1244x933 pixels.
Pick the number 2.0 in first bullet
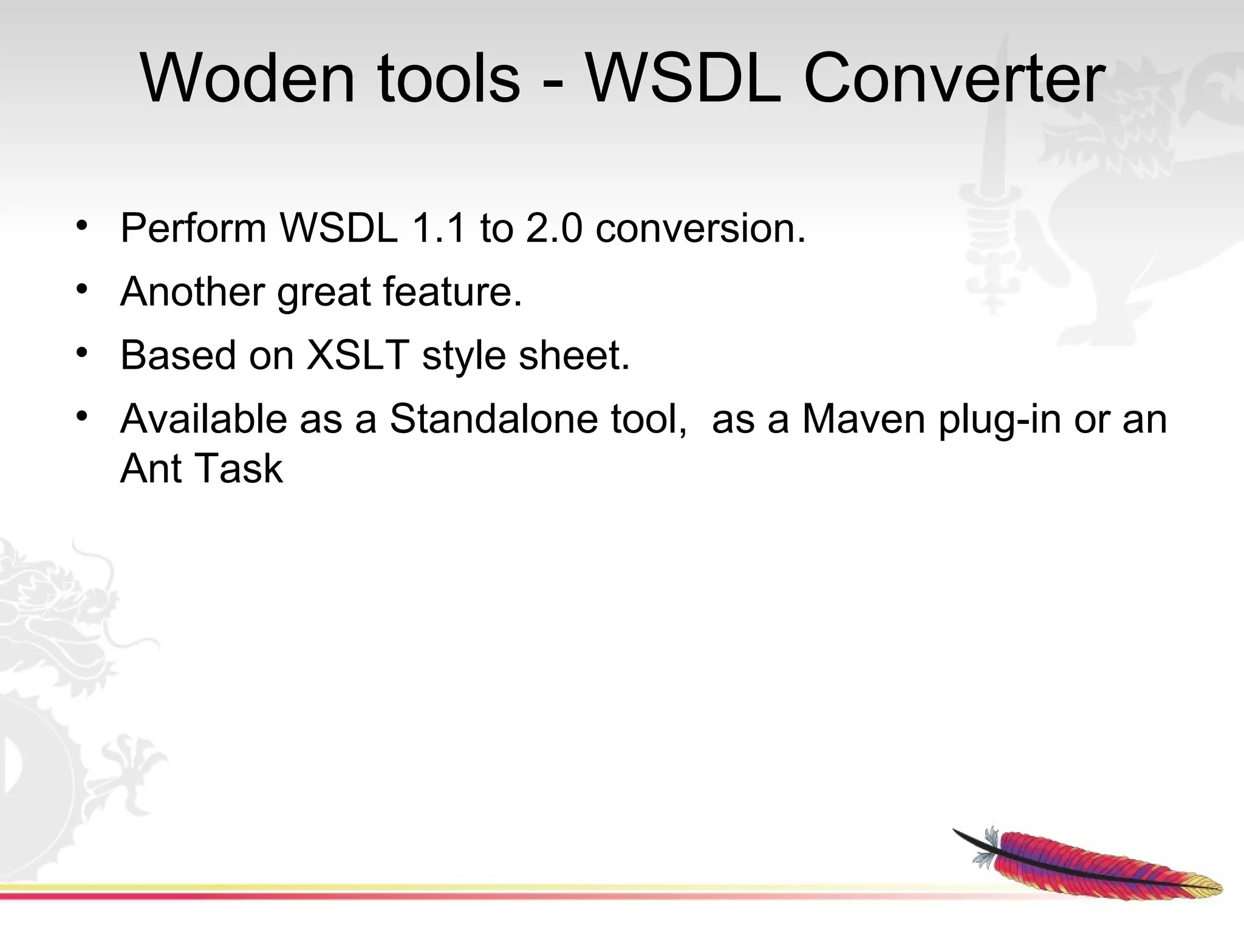coord(554,228)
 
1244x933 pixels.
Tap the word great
coord(324,293)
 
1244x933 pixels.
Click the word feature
coord(452,292)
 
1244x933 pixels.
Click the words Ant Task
coord(201,469)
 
